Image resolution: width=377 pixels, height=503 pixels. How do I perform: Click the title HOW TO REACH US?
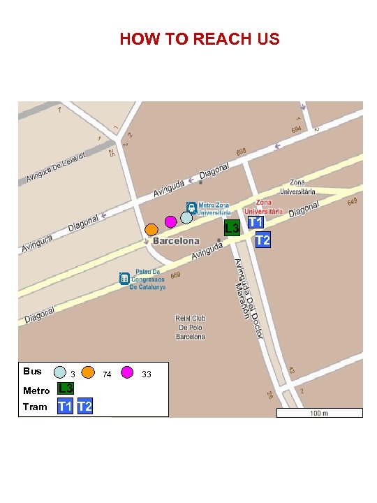pyautogui.click(x=199, y=39)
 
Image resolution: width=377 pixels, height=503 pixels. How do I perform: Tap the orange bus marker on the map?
pyautogui.click(x=151, y=229)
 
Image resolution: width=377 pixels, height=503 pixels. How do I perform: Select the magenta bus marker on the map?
pyautogui.click(x=170, y=221)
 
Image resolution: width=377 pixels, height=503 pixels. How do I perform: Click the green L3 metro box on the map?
pyautogui.click(x=232, y=228)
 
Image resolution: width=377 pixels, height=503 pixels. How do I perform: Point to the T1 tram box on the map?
pyautogui.click(x=256, y=221)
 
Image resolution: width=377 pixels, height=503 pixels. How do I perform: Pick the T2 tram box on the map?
pyautogui.click(x=263, y=240)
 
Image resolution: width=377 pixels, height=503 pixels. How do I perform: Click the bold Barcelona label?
pyautogui.click(x=176, y=241)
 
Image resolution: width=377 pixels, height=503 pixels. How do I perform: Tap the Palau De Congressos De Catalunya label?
pyautogui.click(x=147, y=279)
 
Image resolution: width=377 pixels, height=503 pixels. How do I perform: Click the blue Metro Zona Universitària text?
pyautogui.click(x=214, y=208)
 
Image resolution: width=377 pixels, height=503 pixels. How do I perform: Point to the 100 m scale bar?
pyautogui.click(x=319, y=412)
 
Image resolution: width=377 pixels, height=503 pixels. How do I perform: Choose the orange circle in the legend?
pyautogui.click(x=88, y=372)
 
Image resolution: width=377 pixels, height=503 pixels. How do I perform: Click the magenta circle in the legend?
pyautogui.click(x=128, y=372)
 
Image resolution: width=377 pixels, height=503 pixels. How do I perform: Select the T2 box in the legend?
pyautogui.click(x=84, y=406)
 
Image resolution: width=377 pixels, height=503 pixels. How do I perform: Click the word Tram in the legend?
pyautogui.click(x=35, y=407)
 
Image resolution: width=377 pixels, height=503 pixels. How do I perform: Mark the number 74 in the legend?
pyautogui.click(x=107, y=374)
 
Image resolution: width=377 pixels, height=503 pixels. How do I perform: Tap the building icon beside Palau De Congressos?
pyautogui.click(x=124, y=279)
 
